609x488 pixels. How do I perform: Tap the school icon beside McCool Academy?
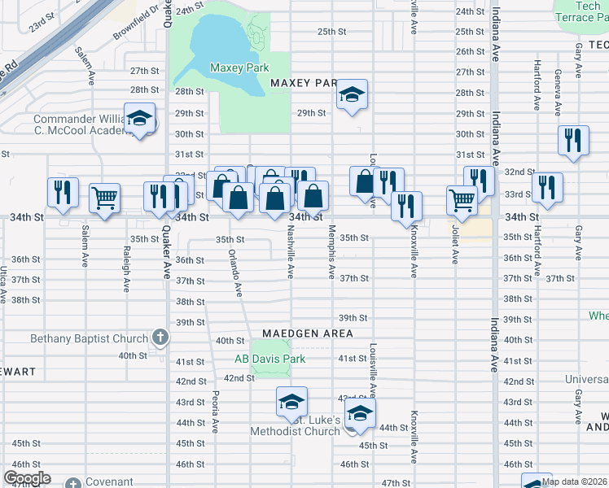coord(139,120)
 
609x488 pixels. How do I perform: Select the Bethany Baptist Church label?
coord(78,338)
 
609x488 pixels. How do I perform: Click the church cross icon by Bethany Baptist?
coord(160,338)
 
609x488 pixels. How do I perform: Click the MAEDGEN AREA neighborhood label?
coord(307,333)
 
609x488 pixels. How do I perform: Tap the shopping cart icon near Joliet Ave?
coord(462,199)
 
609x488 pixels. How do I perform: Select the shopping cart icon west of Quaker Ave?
coord(105,198)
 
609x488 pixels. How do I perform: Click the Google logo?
coord(27,478)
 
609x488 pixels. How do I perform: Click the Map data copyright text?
coord(574,481)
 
